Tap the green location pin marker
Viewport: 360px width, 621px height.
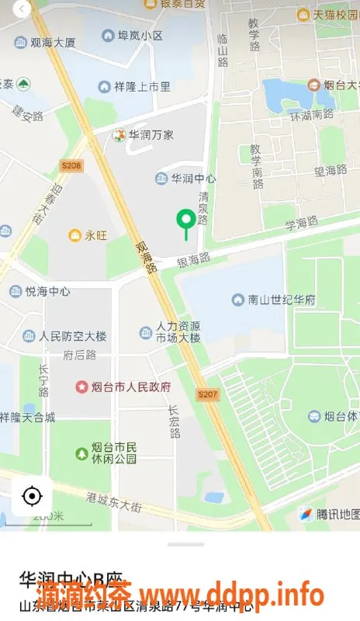185,222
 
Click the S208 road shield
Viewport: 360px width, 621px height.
71,165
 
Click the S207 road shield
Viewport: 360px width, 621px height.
209,395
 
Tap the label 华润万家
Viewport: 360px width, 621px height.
151,134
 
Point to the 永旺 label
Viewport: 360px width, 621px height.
95,234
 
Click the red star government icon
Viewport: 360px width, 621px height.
81,386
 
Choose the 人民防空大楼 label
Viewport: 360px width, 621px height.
73,336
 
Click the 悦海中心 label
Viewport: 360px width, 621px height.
47,292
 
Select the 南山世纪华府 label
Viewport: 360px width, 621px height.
279,299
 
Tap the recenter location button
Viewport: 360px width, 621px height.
32,495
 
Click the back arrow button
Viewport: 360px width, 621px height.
22,9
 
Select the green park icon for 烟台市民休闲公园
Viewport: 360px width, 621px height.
81,453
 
